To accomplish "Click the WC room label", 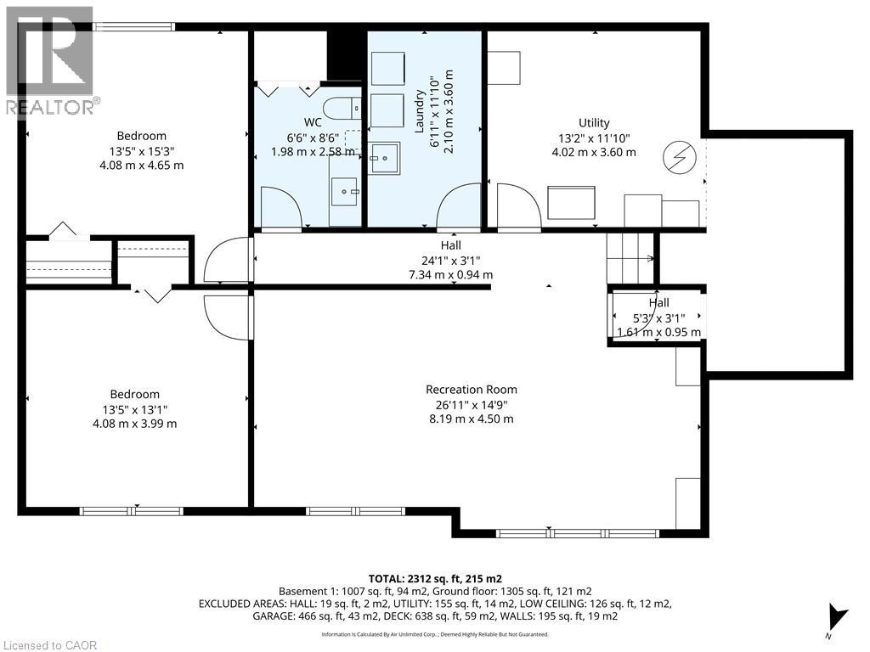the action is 313,122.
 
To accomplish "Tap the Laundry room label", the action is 420,111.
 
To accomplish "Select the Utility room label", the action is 594,122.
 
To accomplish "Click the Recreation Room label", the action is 472,389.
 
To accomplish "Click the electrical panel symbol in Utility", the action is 680,157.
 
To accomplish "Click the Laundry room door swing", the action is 457,206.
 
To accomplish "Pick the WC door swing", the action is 280,207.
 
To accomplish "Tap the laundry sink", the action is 385,158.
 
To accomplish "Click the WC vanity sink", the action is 345,192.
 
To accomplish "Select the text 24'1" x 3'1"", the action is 450,260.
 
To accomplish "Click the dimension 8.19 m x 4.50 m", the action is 472,419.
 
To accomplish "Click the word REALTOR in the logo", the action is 50,107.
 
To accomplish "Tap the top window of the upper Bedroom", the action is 133,26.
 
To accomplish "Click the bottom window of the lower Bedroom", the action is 131,511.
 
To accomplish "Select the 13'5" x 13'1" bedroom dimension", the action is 135,410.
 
